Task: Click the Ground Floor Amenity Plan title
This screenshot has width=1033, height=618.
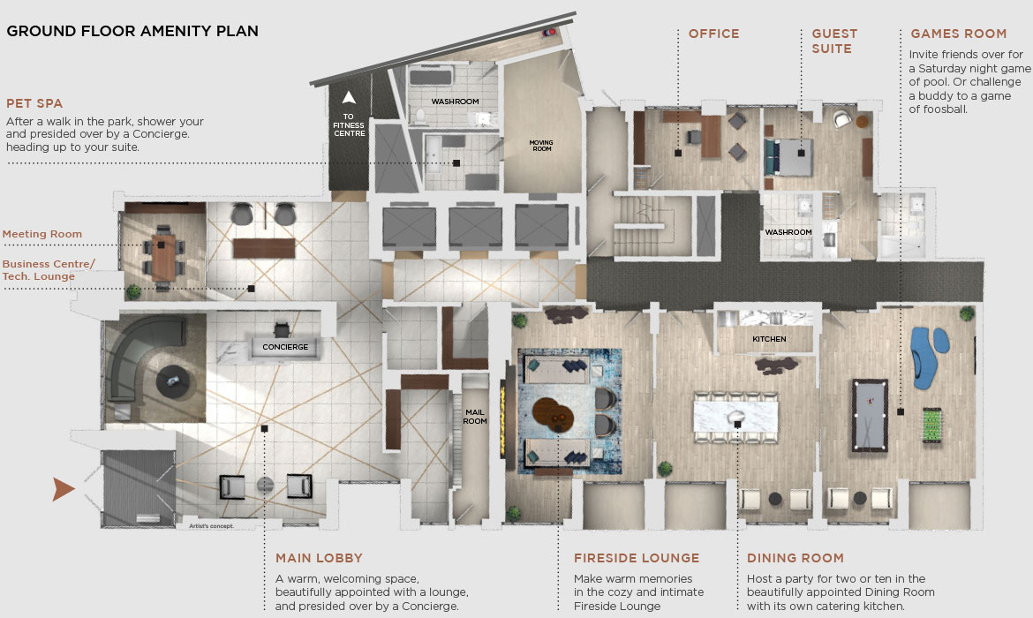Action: click(x=132, y=31)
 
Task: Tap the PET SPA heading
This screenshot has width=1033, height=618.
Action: click(x=34, y=103)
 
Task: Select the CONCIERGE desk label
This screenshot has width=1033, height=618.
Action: click(x=285, y=347)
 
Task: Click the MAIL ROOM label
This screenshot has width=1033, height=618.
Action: click(x=475, y=417)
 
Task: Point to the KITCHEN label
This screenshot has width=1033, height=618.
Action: click(x=769, y=339)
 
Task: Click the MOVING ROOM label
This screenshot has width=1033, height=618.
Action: click(x=541, y=146)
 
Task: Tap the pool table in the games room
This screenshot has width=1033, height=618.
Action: click(x=870, y=415)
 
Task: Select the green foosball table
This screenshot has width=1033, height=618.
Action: click(x=931, y=426)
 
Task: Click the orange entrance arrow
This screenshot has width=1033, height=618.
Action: click(x=64, y=489)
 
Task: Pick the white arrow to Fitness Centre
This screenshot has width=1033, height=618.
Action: click(x=349, y=97)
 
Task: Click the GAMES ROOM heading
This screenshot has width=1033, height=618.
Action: click(x=959, y=34)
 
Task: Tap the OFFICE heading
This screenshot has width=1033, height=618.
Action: click(x=713, y=34)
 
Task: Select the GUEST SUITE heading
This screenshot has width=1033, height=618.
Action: click(x=834, y=41)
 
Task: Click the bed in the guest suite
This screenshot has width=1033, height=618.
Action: click(x=788, y=157)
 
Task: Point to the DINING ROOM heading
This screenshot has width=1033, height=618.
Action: click(x=795, y=558)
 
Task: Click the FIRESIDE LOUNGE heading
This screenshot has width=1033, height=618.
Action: click(x=637, y=558)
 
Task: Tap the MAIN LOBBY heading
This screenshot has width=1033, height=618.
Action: click(x=319, y=558)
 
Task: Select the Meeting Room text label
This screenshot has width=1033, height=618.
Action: click(x=42, y=234)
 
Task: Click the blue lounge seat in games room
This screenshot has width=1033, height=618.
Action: click(x=928, y=356)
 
